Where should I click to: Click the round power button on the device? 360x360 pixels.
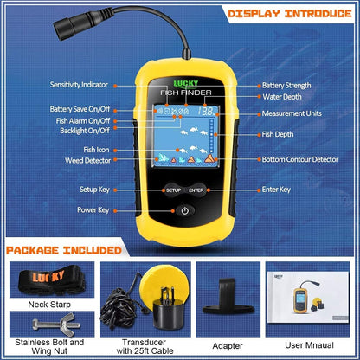[186, 210]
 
